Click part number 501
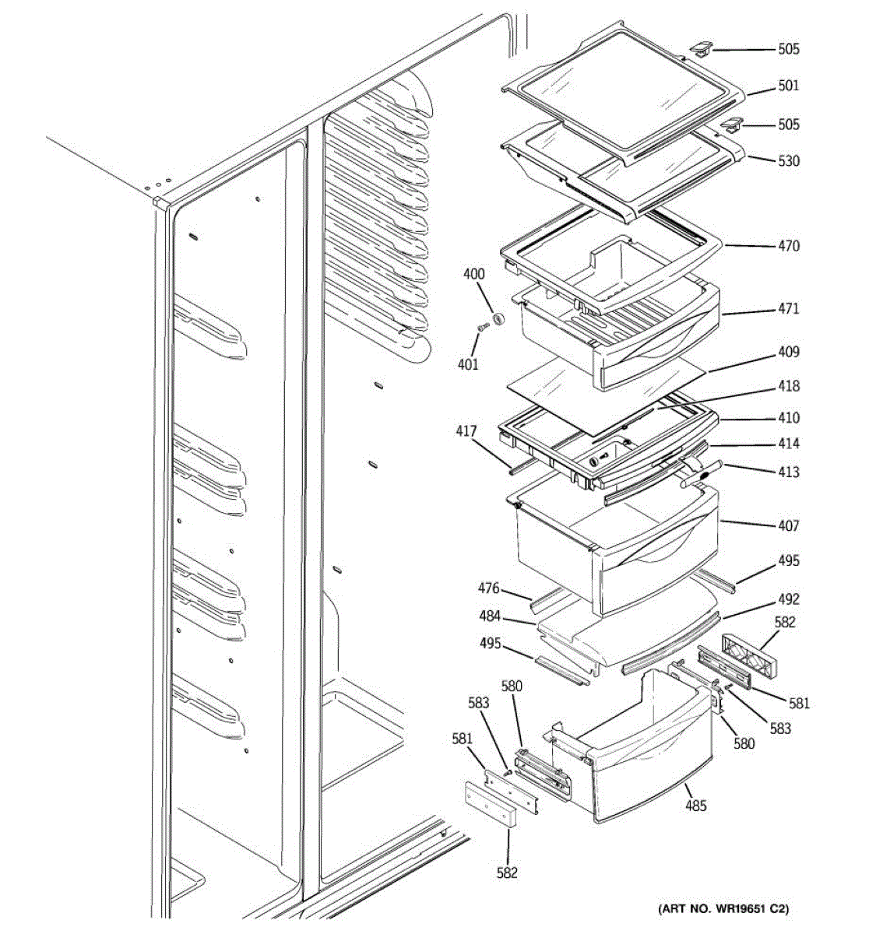pos(788,86)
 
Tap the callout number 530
pos(788,161)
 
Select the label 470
pos(788,246)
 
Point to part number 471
pos(788,309)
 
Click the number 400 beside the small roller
pos(473,274)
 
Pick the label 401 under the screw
pos(468,364)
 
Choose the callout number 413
pos(788,472)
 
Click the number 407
pos(788,526)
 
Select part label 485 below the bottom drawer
pos(695,806)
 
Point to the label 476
pos(488,589)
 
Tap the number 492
pos(788,600)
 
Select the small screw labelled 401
pos(483,330)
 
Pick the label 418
pos(788,386)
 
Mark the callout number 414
pos(788,444)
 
